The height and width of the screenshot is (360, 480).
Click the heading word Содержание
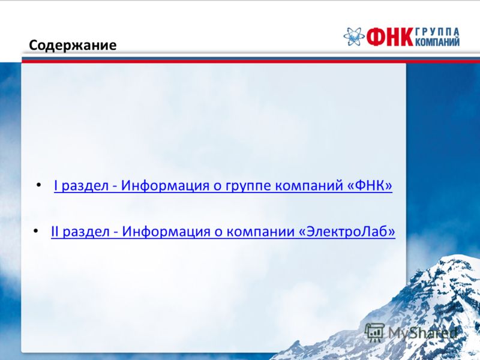click(73, 46)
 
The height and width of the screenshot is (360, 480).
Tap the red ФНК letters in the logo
click(390, 37)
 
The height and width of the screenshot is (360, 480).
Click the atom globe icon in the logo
click(354, 37)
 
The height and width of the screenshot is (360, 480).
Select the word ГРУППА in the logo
click(437, 32)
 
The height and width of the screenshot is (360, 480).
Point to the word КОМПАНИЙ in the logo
click(437, 41)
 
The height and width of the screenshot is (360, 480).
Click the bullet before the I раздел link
click(38, 185)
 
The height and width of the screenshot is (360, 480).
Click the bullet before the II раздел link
click(36, 230)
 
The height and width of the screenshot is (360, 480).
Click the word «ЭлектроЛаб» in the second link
click(347, 231)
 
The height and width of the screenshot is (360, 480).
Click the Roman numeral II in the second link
click(55, 231)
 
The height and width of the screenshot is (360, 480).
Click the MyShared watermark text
click(423, 333)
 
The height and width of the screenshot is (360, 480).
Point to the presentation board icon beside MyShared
click(374, 332)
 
